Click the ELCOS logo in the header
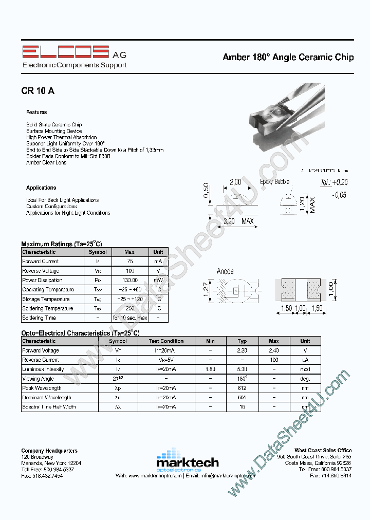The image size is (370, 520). [x=65, y=52]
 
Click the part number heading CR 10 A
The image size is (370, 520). [x=38, y=91]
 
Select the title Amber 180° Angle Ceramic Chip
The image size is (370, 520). [x=288, y=57]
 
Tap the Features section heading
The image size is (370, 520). [x=36, y=112]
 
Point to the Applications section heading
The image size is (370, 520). [x=41, y=188]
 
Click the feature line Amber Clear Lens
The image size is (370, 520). [x=46, y=162]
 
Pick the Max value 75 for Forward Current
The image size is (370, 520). [x=130, y=261]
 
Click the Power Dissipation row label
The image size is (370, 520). [x=42, y=280]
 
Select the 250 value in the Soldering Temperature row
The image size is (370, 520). [x=130, y=308]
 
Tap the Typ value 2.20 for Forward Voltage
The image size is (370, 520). [x=242, y=350]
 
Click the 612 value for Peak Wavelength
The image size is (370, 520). [x=242, y=388]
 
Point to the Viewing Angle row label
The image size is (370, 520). [x=38, y=379]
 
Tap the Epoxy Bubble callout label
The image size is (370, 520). [x=274, y=181]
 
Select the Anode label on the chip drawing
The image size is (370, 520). [x=225, y=271]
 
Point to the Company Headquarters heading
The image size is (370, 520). [x=49, y=451]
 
